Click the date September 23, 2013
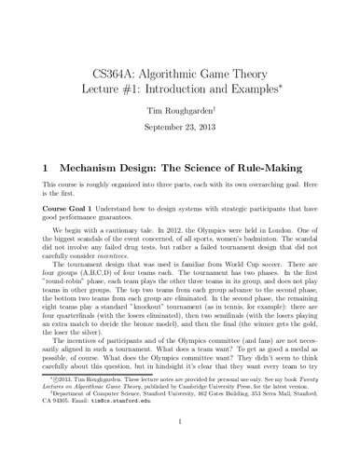(179, 124)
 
